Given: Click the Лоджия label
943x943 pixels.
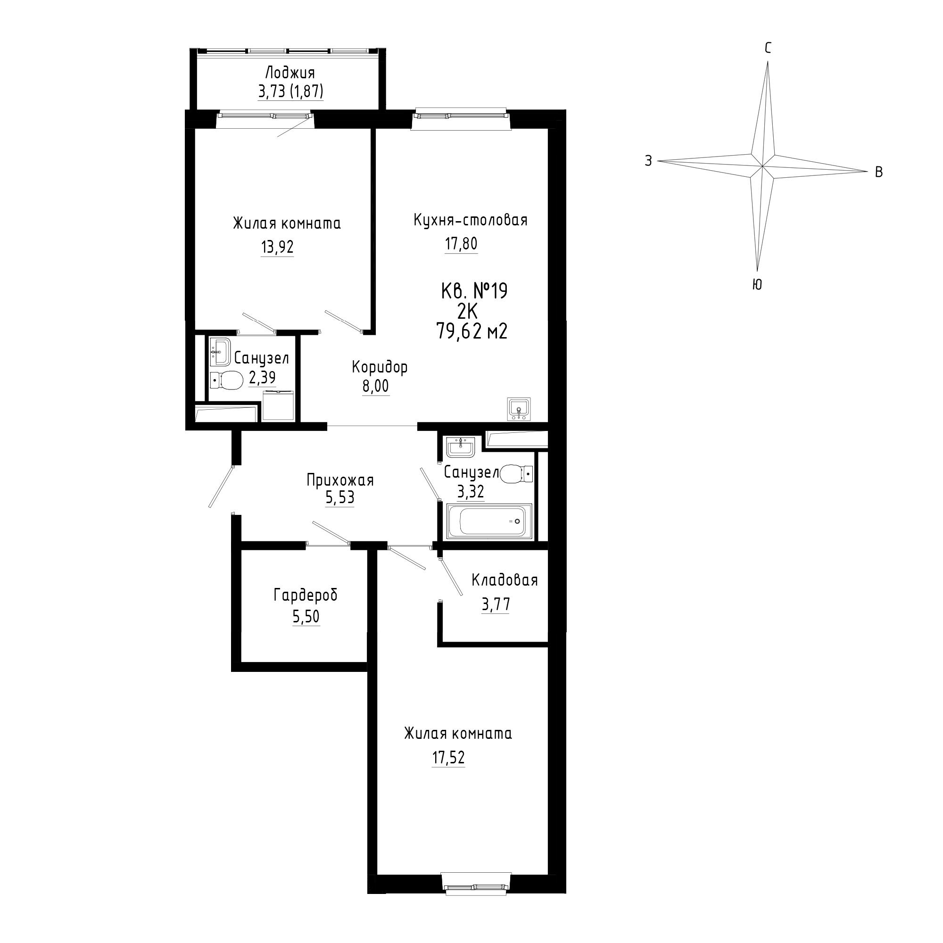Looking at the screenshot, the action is click(x=290, y=73).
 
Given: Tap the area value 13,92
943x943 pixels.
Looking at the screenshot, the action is click(x=277, y=247).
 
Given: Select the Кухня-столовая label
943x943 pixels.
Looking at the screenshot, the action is click(x=471, y=220).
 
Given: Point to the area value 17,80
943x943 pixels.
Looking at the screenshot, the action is click(x=461, y=243).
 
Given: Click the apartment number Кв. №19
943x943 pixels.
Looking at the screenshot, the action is click(x=474, y=291).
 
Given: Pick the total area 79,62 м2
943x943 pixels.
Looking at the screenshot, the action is click(x=472, y=332).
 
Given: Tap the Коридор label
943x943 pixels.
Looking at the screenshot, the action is click(x=380, y=366).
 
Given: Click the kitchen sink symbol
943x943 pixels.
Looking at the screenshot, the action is click(x=519, y=409).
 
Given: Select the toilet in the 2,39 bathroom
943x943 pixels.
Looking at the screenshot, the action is click(x=227, y=380).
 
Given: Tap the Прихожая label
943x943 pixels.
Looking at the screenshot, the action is click(x=340, y=480).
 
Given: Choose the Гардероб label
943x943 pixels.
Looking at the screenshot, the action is click(x=306, y=596).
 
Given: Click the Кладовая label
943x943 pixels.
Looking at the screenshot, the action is click(x=505, y=580).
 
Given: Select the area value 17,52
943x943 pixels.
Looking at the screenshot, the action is click(x=448, y=758).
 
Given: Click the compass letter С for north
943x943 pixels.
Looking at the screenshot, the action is click(x=768, y=48).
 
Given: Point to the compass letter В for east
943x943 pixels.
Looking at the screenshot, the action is click(x=878, y=172).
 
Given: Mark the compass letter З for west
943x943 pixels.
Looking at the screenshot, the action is click(x=648, y=161).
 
